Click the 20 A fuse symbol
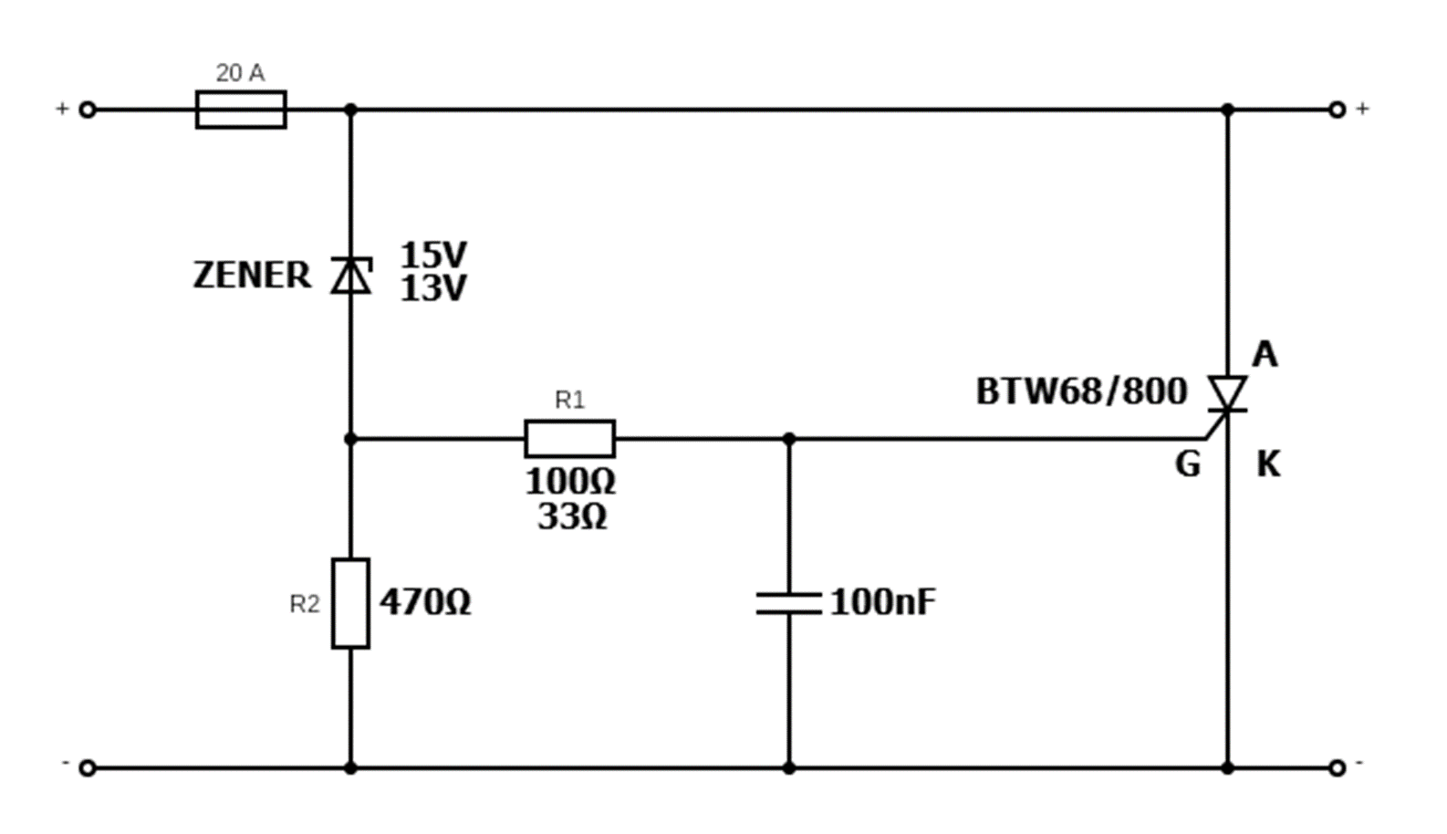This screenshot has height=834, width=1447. pos(241,109)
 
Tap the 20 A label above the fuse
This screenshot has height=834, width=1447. pos(240,73)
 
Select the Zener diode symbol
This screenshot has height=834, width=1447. pos(351,275)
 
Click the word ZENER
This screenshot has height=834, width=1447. pos(252,276)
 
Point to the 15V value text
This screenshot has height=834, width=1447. pos(433,254)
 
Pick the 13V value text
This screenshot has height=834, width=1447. pos(433,289)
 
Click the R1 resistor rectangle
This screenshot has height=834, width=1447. pos(569,439)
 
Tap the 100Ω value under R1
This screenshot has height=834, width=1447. pos(570,481)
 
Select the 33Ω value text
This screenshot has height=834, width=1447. pos(572,517)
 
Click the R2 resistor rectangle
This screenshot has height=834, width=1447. pos(350,603)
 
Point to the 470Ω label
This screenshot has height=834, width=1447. pos(425,602)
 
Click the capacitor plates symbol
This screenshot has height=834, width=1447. pos(789,603)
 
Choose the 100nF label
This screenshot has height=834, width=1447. pos(882,602)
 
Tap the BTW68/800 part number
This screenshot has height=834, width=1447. pos(1081,391)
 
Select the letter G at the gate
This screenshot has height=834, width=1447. pos(1187,464)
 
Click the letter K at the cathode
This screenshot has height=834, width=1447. pos(1268,464)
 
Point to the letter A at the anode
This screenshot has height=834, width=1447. pos(1265,354)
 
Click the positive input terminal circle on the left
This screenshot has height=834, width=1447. pos(88,109)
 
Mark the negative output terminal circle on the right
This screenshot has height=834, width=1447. pos(1337,767)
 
